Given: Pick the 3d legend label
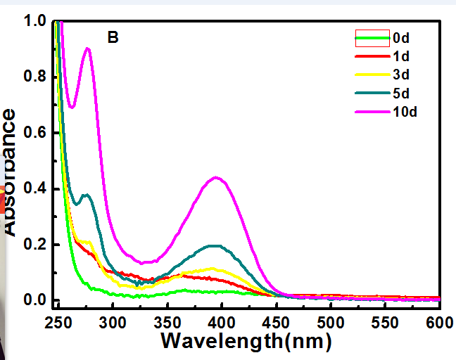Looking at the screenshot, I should coord(400,74).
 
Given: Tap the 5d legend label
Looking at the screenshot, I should coord(400,92).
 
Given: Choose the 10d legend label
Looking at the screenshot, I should coord(404,111).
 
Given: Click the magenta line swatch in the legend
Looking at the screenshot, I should coord(371,111).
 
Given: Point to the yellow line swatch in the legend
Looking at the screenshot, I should coord(371,74).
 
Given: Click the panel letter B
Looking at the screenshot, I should coord(113,38).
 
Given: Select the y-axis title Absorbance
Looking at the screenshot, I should coord(10,172).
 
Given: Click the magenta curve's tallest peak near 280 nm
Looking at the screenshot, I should coord(87,49).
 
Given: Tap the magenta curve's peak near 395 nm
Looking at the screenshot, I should coord(216,177).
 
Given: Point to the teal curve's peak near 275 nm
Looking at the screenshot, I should coord(86,195).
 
